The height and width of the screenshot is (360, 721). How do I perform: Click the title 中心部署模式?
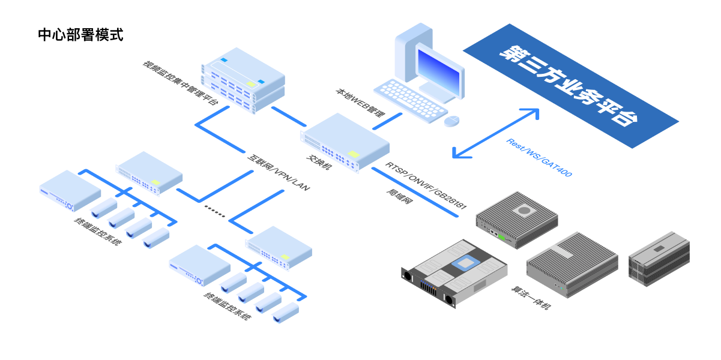coord(80,35)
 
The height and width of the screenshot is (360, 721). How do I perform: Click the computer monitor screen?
coord(439,72)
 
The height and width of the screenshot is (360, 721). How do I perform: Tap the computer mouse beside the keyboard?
coord(451,121)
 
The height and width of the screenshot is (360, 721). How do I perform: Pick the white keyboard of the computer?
coord(409,100)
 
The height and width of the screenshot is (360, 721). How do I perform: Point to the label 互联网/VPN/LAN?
coord(279,173)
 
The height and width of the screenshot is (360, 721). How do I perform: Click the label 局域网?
coord(399,198)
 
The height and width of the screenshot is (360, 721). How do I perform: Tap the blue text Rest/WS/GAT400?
coord(539,157)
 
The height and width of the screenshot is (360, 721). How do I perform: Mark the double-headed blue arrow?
coord(496,133)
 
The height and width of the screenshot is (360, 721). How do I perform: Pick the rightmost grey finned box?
coord(659,259)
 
